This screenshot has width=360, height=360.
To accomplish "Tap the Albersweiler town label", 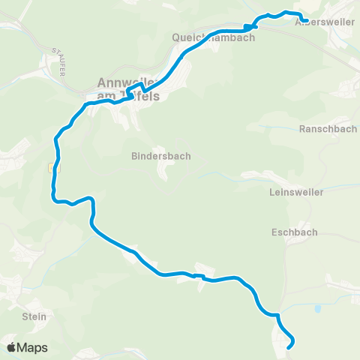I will [325, 22].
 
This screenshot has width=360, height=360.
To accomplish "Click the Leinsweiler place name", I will [296, 192].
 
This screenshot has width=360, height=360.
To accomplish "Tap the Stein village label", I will [34, 316].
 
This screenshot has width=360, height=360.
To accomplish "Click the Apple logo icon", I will [12, 347].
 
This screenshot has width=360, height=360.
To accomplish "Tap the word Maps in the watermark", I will [33, 347].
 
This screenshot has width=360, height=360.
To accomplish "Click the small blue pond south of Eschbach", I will [318, 308].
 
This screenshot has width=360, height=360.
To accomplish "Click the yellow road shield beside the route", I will [52, 168].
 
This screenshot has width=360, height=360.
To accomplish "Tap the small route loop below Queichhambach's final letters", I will [250, 24].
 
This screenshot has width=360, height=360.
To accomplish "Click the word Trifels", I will [142, 96].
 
